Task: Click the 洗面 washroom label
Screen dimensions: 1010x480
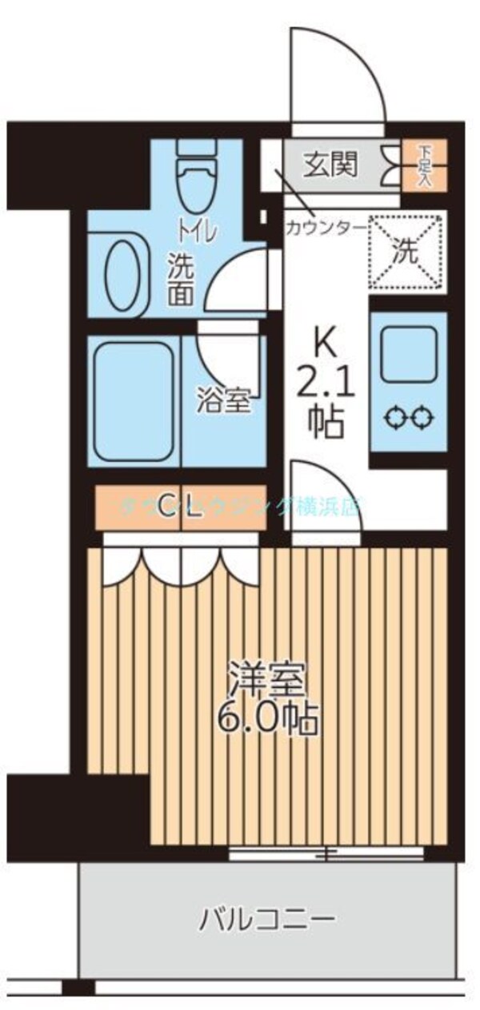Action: (180, 278)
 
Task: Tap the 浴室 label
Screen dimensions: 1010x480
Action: (224, 400)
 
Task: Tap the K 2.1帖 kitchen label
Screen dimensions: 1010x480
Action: (324, 388)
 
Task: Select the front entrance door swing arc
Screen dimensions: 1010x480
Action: (336, 76)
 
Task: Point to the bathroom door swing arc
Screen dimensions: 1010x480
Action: (228, 356)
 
